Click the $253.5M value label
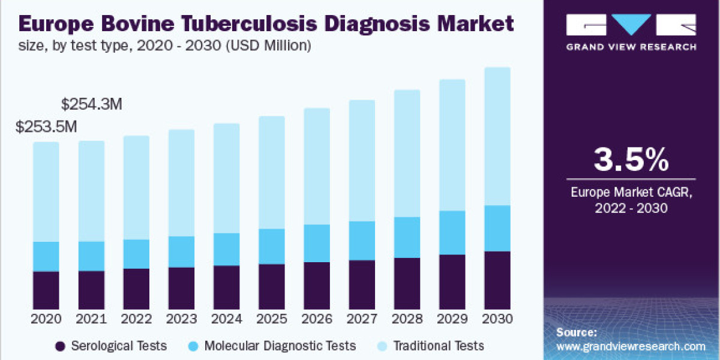pos(47,127)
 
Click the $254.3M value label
pos(92,104)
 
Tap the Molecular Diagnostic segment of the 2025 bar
pos(272,246)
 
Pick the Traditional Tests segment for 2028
pos(407,154)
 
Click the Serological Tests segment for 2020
pos(46,290)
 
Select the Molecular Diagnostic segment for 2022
pos(137,254)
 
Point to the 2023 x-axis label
pos(182,318)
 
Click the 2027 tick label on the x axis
pos(362,318)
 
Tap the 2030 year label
pos(497,318)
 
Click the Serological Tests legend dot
pos(59,346)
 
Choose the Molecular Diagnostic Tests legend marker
pos(193,346)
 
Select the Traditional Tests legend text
pos(438,346)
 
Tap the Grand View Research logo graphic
pos(631,25)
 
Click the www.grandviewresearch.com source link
pos(631,346)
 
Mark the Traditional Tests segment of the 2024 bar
pos(227,178)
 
